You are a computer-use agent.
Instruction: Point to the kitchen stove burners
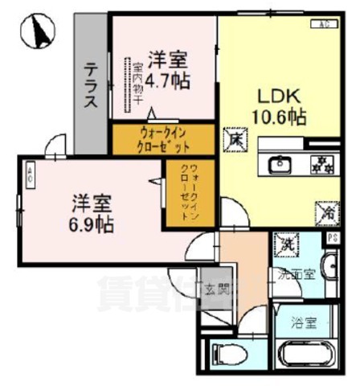[323, 164]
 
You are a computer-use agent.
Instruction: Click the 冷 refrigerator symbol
[326, 212]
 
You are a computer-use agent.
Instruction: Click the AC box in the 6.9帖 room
[30, 174]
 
